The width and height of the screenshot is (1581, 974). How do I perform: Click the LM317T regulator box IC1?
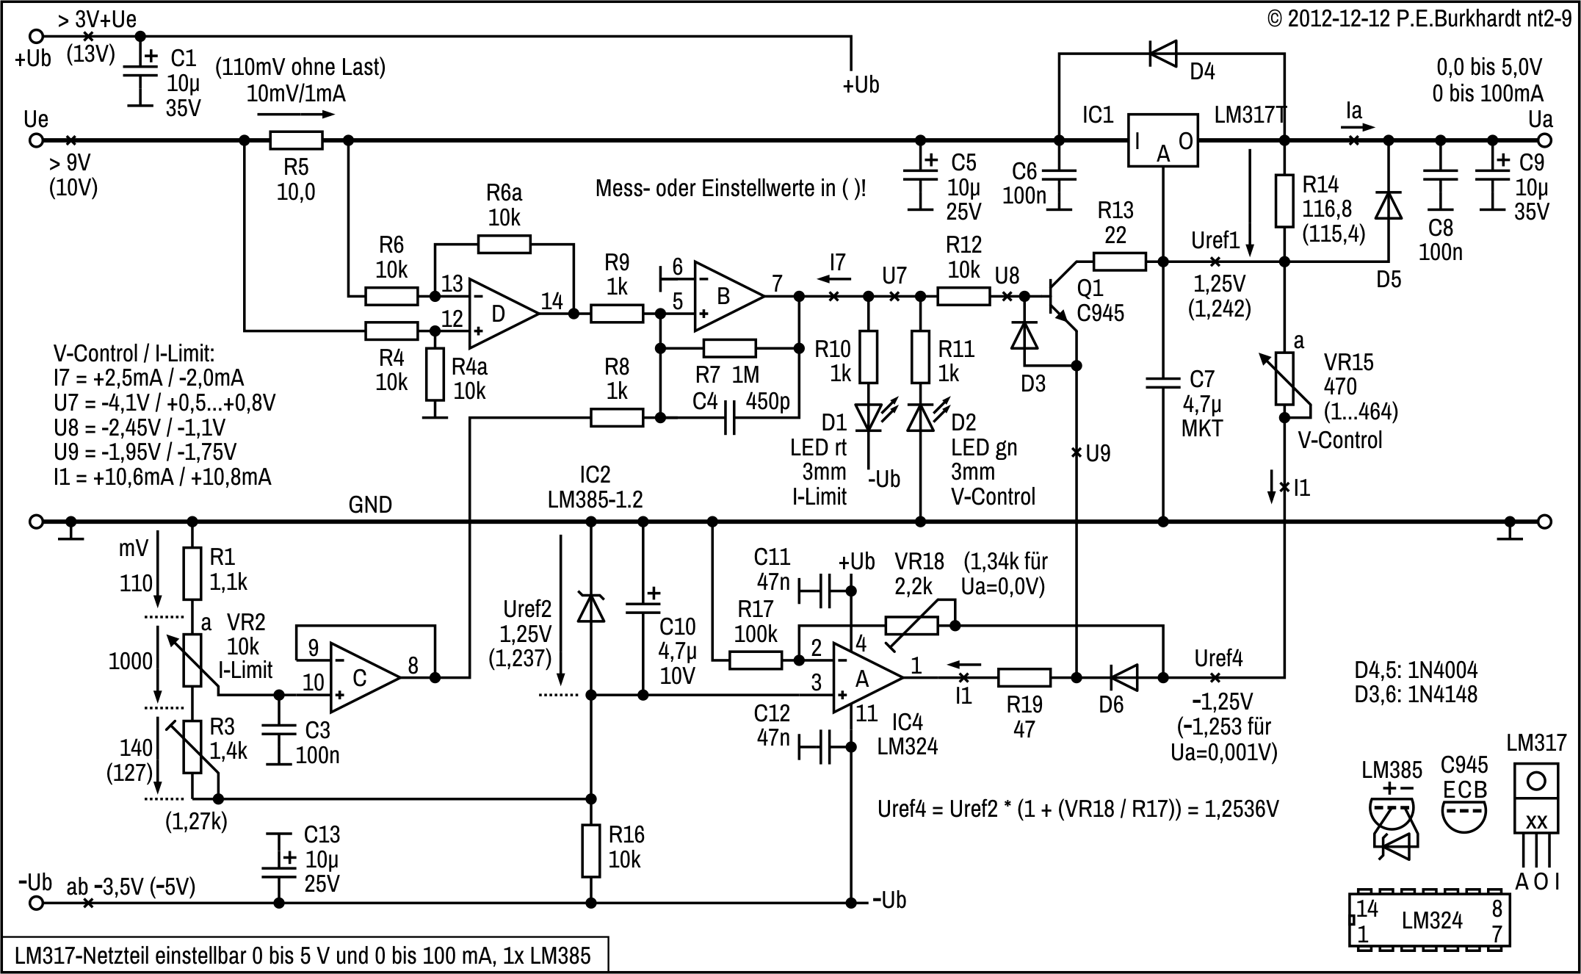click(1163, 140)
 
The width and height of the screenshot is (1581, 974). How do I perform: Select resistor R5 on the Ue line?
click(296, 140)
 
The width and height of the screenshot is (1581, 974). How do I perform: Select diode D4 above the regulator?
click(1163, 53)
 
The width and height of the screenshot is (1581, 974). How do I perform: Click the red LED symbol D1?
click(868, 416)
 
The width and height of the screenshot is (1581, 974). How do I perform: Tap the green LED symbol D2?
click(920, 416)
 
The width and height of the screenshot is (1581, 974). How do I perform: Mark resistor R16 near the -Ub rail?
click(591, 850)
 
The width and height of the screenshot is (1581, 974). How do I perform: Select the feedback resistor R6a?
click(504, 244)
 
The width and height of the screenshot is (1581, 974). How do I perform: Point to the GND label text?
click(370, 505)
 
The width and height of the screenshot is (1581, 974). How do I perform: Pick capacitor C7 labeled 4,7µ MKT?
click(1162, 382)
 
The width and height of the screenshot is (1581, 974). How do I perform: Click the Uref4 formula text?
click(1078, 809)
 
